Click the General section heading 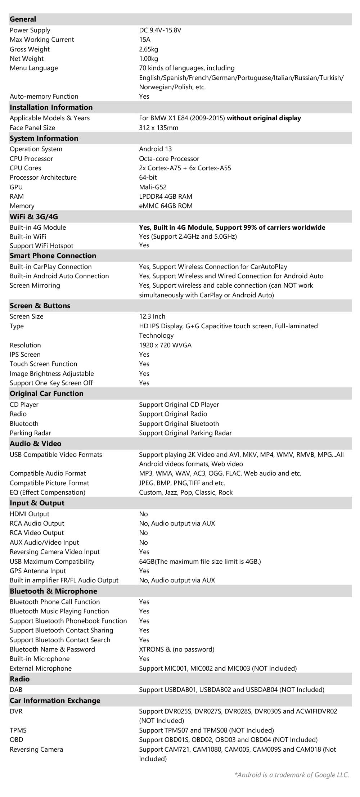click(23, 19)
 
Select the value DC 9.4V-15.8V click(160, 30)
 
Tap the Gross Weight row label click(30, 49)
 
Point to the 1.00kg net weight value click(148, 59)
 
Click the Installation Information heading click(51, 107)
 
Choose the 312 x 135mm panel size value click(158, 128)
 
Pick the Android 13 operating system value click(155, 149)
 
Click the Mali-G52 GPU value click(153, 187)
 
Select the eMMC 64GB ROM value click(166, 206)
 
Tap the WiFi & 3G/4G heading click(34, 217)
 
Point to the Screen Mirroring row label click(35, 285)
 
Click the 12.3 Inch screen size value click(152, 316)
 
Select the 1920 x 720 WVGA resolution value click(165, 345)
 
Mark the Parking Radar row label click(31, 433)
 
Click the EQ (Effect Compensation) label click(48, 492)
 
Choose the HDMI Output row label click(30, 514)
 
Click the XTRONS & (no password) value click(176, 649)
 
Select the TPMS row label click(18, 730)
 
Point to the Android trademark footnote click(292, 775)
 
